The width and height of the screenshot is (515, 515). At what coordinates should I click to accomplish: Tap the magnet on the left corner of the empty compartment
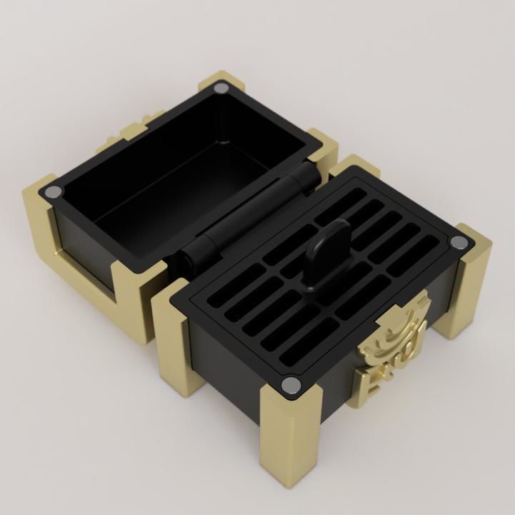(53, 193)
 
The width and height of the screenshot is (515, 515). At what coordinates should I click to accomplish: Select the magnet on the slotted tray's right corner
(459, 243)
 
